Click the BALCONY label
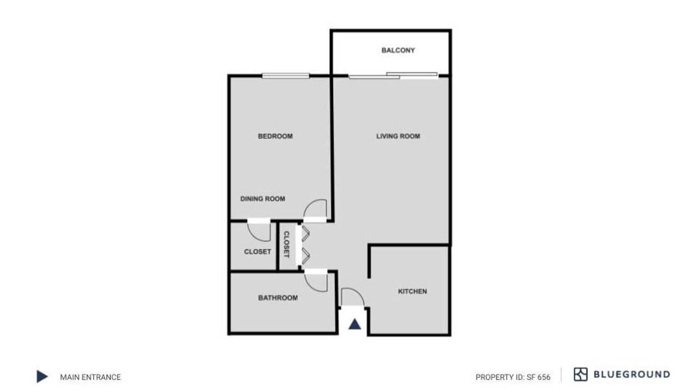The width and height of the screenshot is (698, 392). click(x=398, y=51)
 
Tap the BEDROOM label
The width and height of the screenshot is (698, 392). click(x=275, y=136)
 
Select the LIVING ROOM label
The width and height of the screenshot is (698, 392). click(x=398, y=136)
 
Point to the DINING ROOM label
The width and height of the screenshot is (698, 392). click(x=262, y=199)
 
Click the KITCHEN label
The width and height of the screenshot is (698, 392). click(x=412, y=291)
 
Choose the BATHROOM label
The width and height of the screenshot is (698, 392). click(x=278, y=298)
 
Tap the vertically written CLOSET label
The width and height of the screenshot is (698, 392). click(x=286, y=244)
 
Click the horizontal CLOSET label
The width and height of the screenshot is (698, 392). click(x=257, y=252)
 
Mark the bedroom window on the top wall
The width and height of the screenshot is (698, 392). click(x=286, y=76)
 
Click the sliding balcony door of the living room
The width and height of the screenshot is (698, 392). click(x=393, y=76)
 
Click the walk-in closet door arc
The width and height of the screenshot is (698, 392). click(x=254, y=236)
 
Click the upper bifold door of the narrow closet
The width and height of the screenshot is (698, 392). click(x=305, y=234)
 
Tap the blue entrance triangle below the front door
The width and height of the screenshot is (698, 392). click(x=354, y=324)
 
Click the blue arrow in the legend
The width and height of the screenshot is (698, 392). click(x=42, y=376)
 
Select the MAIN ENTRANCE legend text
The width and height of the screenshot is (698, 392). click(x=91, y=377)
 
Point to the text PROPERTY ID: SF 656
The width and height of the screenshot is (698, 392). click(x=513, y=377)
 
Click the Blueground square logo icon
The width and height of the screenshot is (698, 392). click(x=581, y=374)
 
